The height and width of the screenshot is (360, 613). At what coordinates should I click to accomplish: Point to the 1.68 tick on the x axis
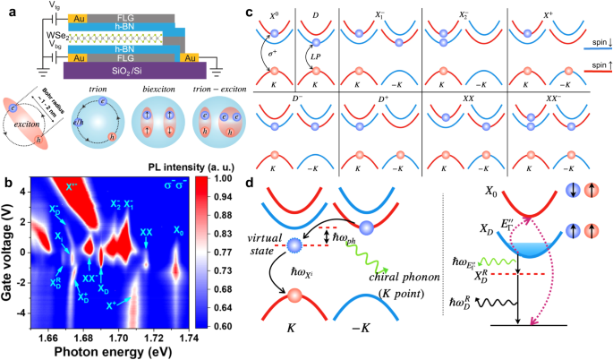[x=86, y=338]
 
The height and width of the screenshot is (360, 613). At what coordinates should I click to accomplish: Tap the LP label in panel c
[x=317, y=56]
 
